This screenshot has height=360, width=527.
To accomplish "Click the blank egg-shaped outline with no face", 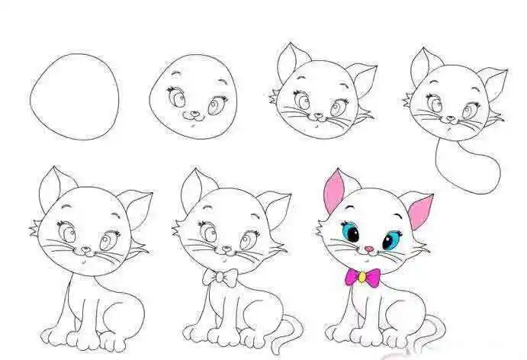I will [x=75, y=97].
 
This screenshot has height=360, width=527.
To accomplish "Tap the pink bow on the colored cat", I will [x=362, y=278].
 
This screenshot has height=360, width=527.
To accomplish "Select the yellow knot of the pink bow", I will [x=362, y=278].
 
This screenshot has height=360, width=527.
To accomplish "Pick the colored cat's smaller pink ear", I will [x=419, y=211].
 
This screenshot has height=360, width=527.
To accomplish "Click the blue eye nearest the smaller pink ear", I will [x=390, y=240].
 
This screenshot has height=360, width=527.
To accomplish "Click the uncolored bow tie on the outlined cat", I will [x=220, y=278].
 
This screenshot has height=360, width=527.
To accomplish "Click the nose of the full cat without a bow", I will [x=86, y=249].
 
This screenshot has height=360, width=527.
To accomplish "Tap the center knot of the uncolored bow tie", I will [x=220, y=278].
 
